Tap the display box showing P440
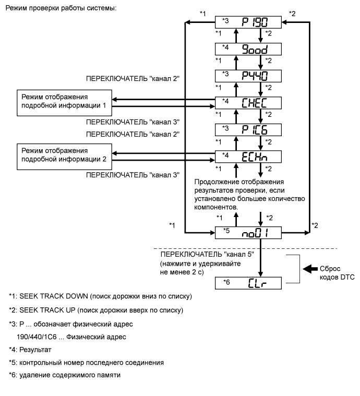click(x=249, y=75)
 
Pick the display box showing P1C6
click(x=249, y=128)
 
